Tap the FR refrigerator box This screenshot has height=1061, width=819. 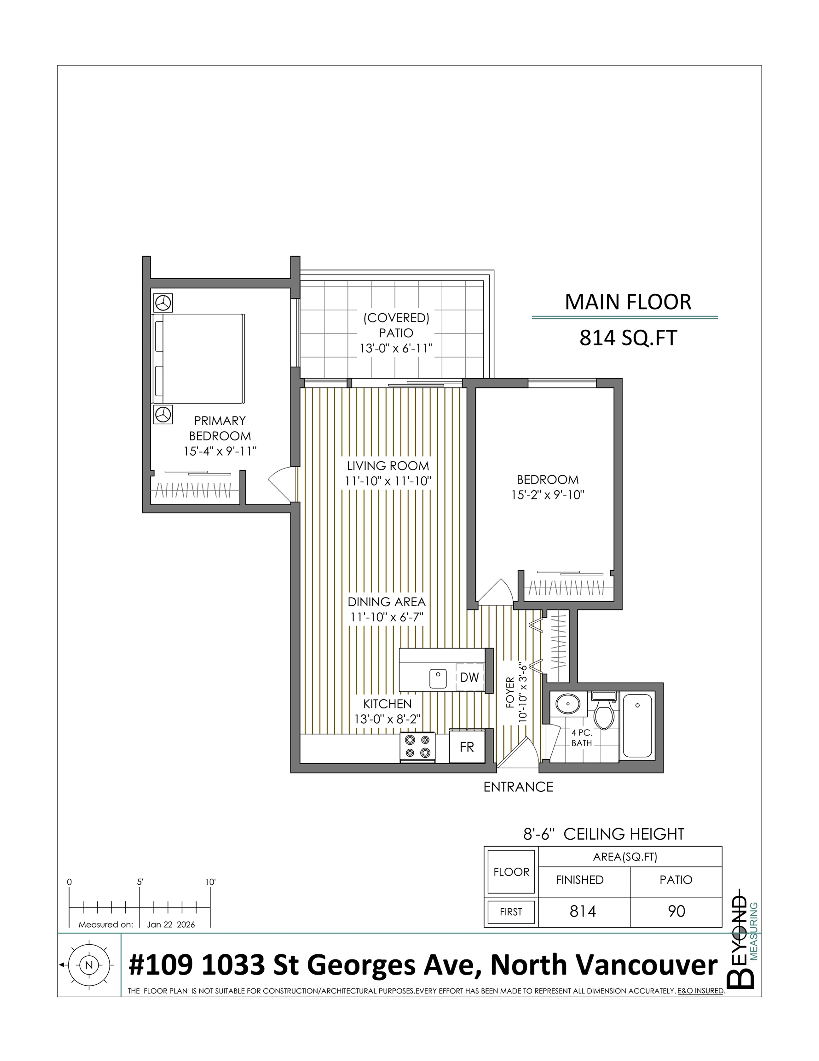[x=466, y=747]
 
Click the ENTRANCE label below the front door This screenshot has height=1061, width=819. [x=518, y=786]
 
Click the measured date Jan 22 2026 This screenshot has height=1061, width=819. [x=171, y=925]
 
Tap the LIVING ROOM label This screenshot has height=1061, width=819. [x=387, y=466]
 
